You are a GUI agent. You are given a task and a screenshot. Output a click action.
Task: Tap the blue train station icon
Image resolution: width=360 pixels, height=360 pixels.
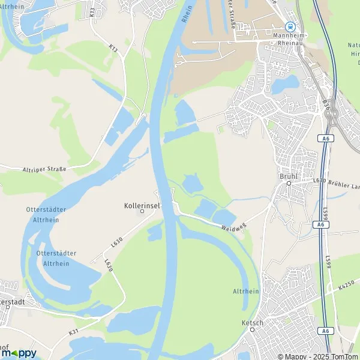click(290, 26)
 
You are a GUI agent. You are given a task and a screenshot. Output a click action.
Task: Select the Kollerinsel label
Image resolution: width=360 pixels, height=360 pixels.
click(142, 205)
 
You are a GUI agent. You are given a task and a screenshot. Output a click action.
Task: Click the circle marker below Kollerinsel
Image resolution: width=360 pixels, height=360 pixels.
click(142, 211)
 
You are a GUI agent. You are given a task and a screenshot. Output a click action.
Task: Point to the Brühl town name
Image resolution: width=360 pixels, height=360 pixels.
click(289, 176)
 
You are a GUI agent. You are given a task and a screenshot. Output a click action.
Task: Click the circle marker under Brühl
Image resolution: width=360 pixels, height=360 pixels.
click(289, 184)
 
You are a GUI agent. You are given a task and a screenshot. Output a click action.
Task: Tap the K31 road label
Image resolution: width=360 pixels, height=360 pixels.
click(73, 332)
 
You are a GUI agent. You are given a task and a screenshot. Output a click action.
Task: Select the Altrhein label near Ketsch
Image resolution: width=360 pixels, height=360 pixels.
click(245, 291)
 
